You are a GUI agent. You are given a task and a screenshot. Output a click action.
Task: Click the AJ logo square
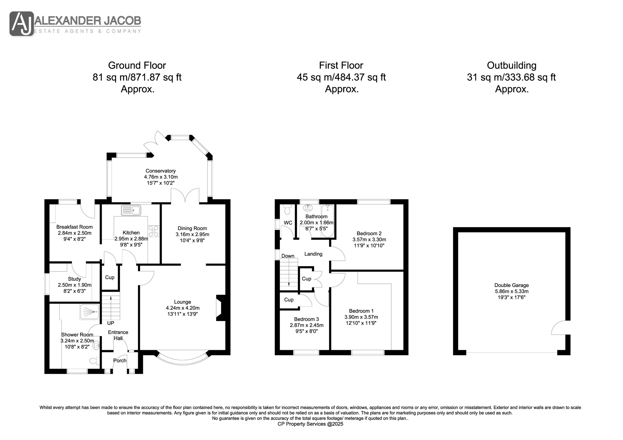click(22, 24)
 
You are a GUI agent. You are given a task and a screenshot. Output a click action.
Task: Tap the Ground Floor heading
click(137, 65)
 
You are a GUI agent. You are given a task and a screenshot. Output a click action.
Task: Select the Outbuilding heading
click(511, 65)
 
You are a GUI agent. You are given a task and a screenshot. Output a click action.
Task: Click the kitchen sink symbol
click(131, 210)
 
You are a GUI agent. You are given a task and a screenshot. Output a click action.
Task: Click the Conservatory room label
click(161, 171)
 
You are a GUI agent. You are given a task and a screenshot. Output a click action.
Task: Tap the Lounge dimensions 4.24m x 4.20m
click(183, 308)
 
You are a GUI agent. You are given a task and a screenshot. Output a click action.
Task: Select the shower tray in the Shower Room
click(90, 312)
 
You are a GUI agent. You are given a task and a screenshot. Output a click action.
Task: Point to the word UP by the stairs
click(111, 323)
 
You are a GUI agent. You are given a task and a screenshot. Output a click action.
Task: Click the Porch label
click(120, 361)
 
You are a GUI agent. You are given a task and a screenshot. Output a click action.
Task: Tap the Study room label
click(74, 279)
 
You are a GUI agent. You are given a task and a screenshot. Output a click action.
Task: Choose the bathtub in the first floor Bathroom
click(328, 221)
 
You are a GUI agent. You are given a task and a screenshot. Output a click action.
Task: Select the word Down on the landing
click(288, 256)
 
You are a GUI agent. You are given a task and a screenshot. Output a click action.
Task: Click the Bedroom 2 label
click(369, 233)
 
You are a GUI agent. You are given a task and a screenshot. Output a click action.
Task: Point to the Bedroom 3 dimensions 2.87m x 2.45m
click(307, 325)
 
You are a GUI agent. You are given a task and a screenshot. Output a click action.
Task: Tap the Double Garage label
click(511, 285)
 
